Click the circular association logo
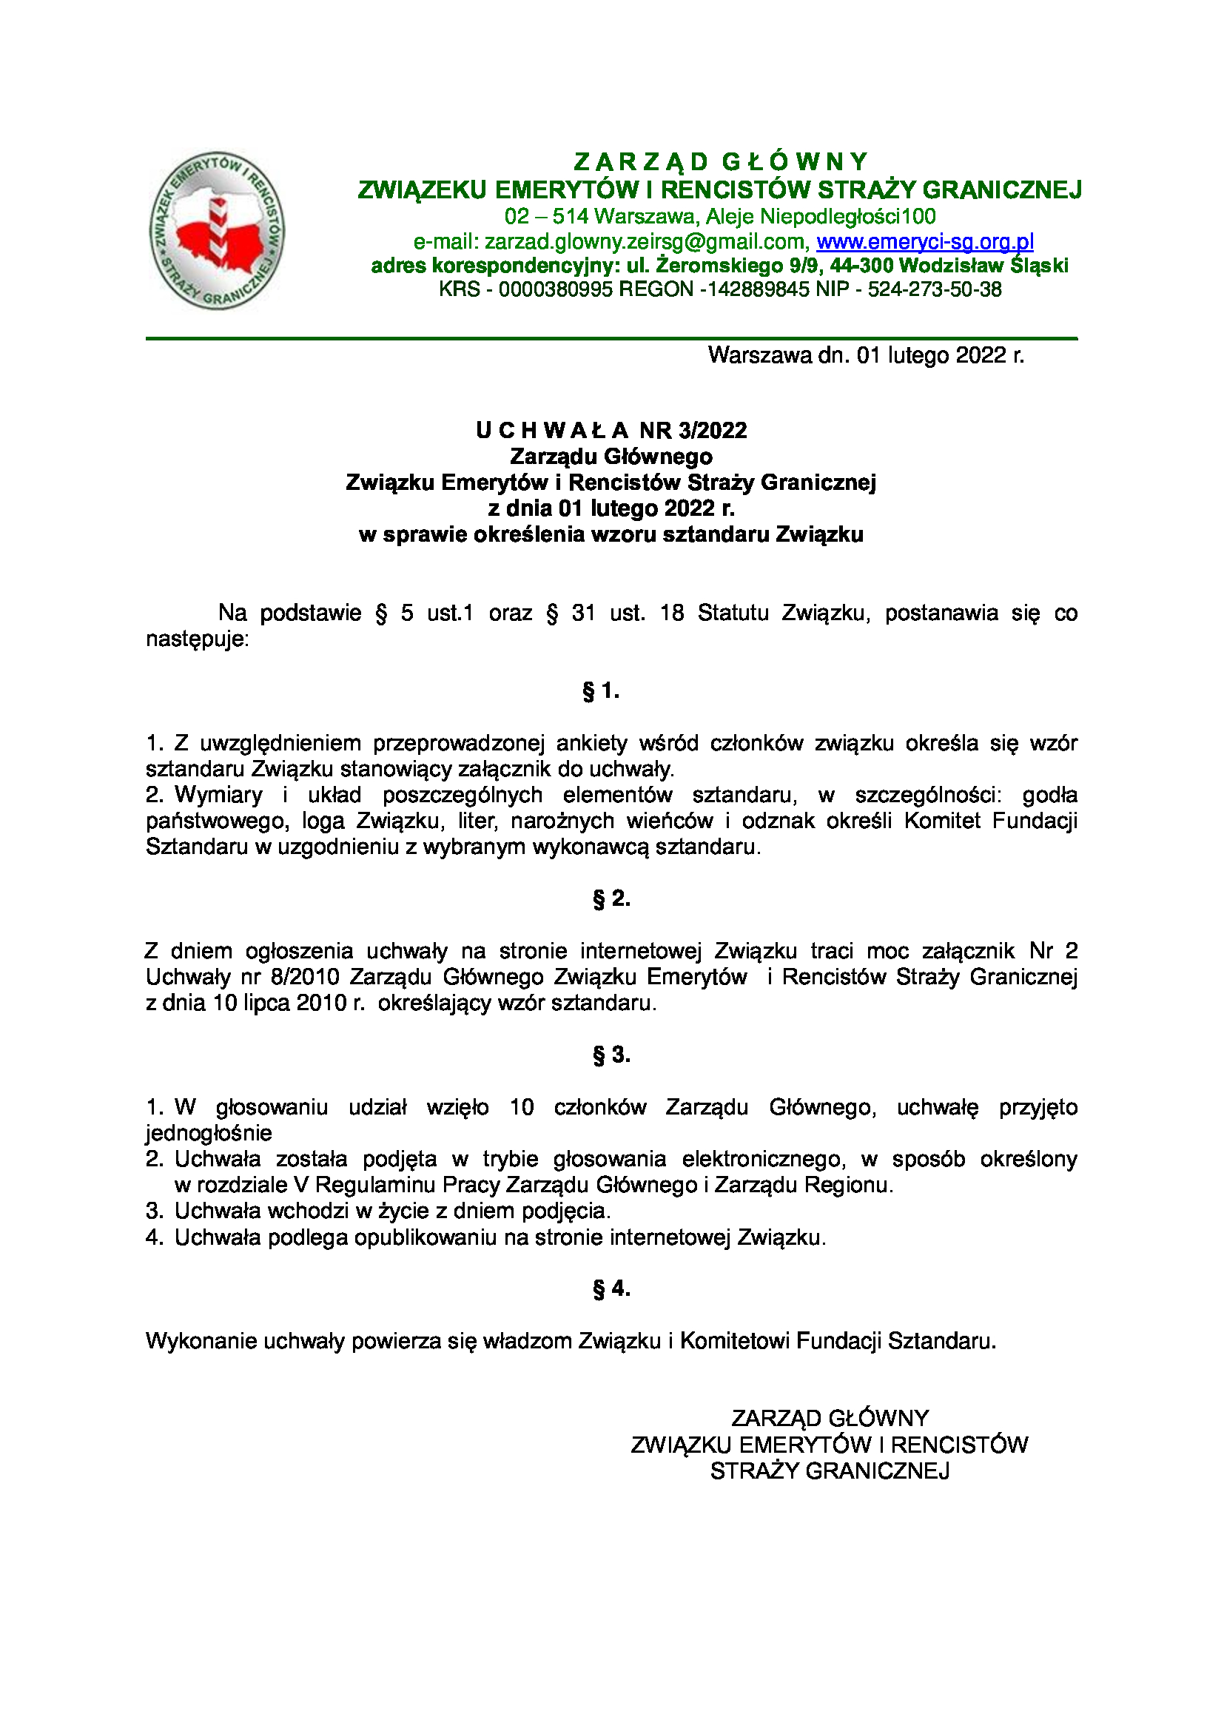click(217, 230)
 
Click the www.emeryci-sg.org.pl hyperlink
click(925, 241)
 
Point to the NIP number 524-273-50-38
click(935, 289)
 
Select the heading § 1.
click(601, 690)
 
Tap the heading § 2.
click(611, 898)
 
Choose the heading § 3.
click(611, 1055)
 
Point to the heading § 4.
click(611, 1288)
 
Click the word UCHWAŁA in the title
click(552, 431)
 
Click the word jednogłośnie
click(209, 1133)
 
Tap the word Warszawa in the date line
click(760, 355)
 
